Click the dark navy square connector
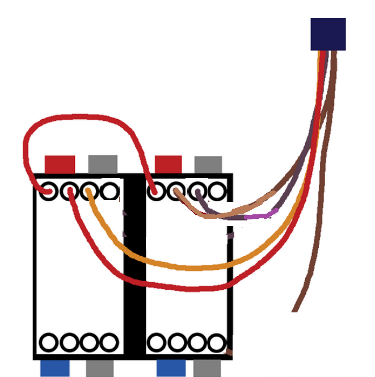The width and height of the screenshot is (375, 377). coord(328,34)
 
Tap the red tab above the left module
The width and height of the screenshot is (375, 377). coord(60,164)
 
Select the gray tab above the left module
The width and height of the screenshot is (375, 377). coord(103,164)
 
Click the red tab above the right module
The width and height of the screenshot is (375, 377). coord(168,164)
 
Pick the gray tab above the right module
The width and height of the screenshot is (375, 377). coord(208,164)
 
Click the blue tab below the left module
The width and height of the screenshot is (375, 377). coord(55,368)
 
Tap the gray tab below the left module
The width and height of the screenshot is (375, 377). coord(100,368)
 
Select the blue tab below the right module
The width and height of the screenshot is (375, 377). coord(171,368)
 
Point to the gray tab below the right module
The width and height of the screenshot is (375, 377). coord(207,368)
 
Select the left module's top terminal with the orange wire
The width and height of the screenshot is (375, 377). coord(89,192)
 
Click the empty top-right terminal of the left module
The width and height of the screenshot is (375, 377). coord(110,192)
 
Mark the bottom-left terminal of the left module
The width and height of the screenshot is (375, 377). coord(49,342)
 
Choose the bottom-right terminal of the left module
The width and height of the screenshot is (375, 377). coord(109,342)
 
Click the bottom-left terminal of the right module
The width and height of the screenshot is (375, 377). coord(155,342)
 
